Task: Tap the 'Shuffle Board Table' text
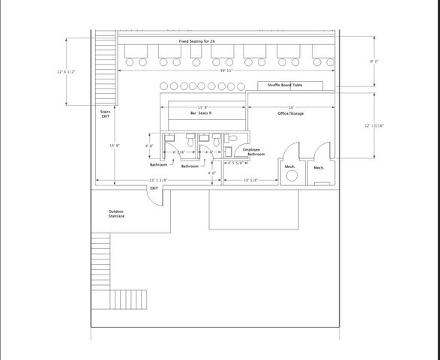pos(280,85)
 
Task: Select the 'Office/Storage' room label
pos(291,113)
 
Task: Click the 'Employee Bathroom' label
pos(252,152)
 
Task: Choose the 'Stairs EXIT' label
pos(105,115)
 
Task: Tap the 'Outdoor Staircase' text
pos(116,214)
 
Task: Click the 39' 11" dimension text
pos(226,70)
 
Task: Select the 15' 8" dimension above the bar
pos(203,107)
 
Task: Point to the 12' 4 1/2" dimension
pos(67,72)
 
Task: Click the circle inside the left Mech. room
pos(290,175)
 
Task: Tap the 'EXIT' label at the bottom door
pos(154,188)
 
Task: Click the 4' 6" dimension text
pos(212,173)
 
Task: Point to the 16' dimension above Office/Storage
pos(291,107)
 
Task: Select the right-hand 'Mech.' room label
pos(319,167)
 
